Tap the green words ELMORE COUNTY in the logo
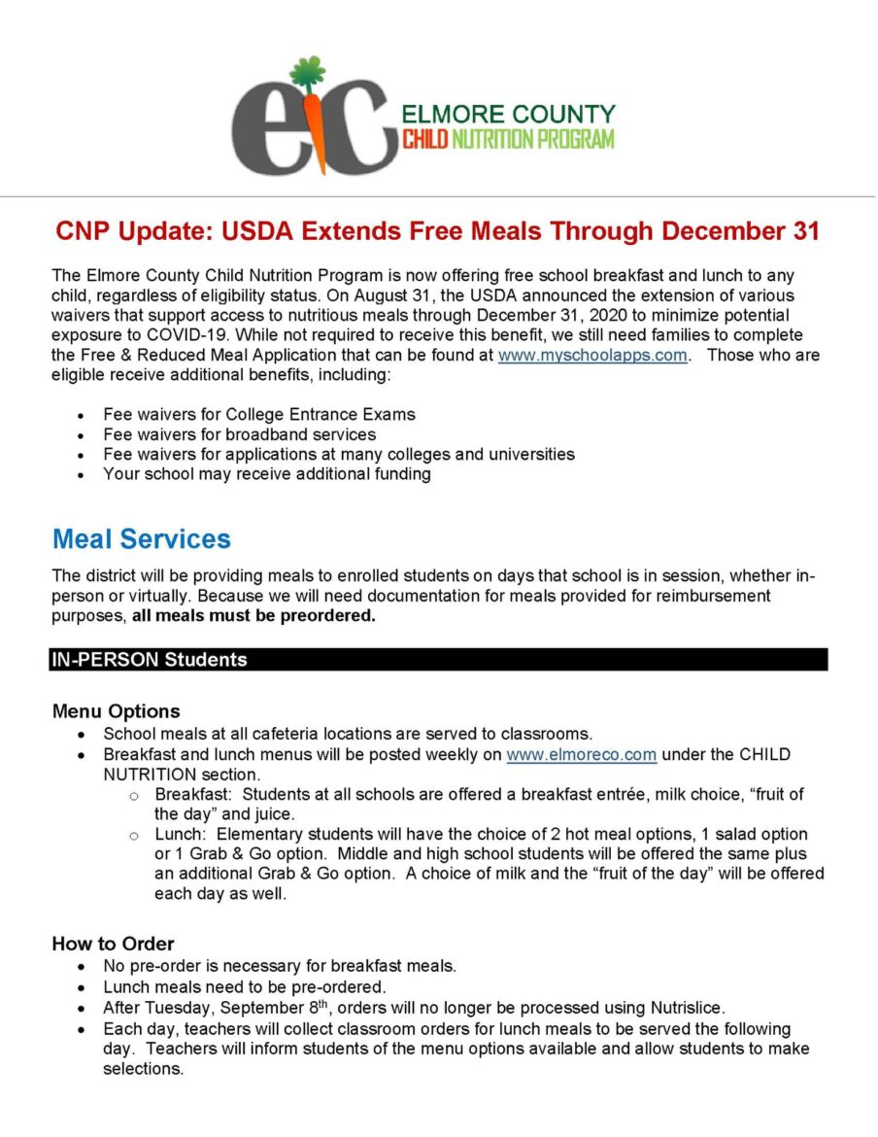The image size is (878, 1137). [x=508, y=114]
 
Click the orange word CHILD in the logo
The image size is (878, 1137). [x=424, y=139]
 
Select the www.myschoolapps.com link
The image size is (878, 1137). [x=592, y=356]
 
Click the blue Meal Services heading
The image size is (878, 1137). [x=142, y=539]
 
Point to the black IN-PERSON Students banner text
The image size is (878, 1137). [x=150, y=660]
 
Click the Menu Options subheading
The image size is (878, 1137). [x=116, y=711]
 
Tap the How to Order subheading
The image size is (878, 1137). [x=113, y=944]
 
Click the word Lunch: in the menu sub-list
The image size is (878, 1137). [x=180, y=835]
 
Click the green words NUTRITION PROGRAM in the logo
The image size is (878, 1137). [x=532, y=139]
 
